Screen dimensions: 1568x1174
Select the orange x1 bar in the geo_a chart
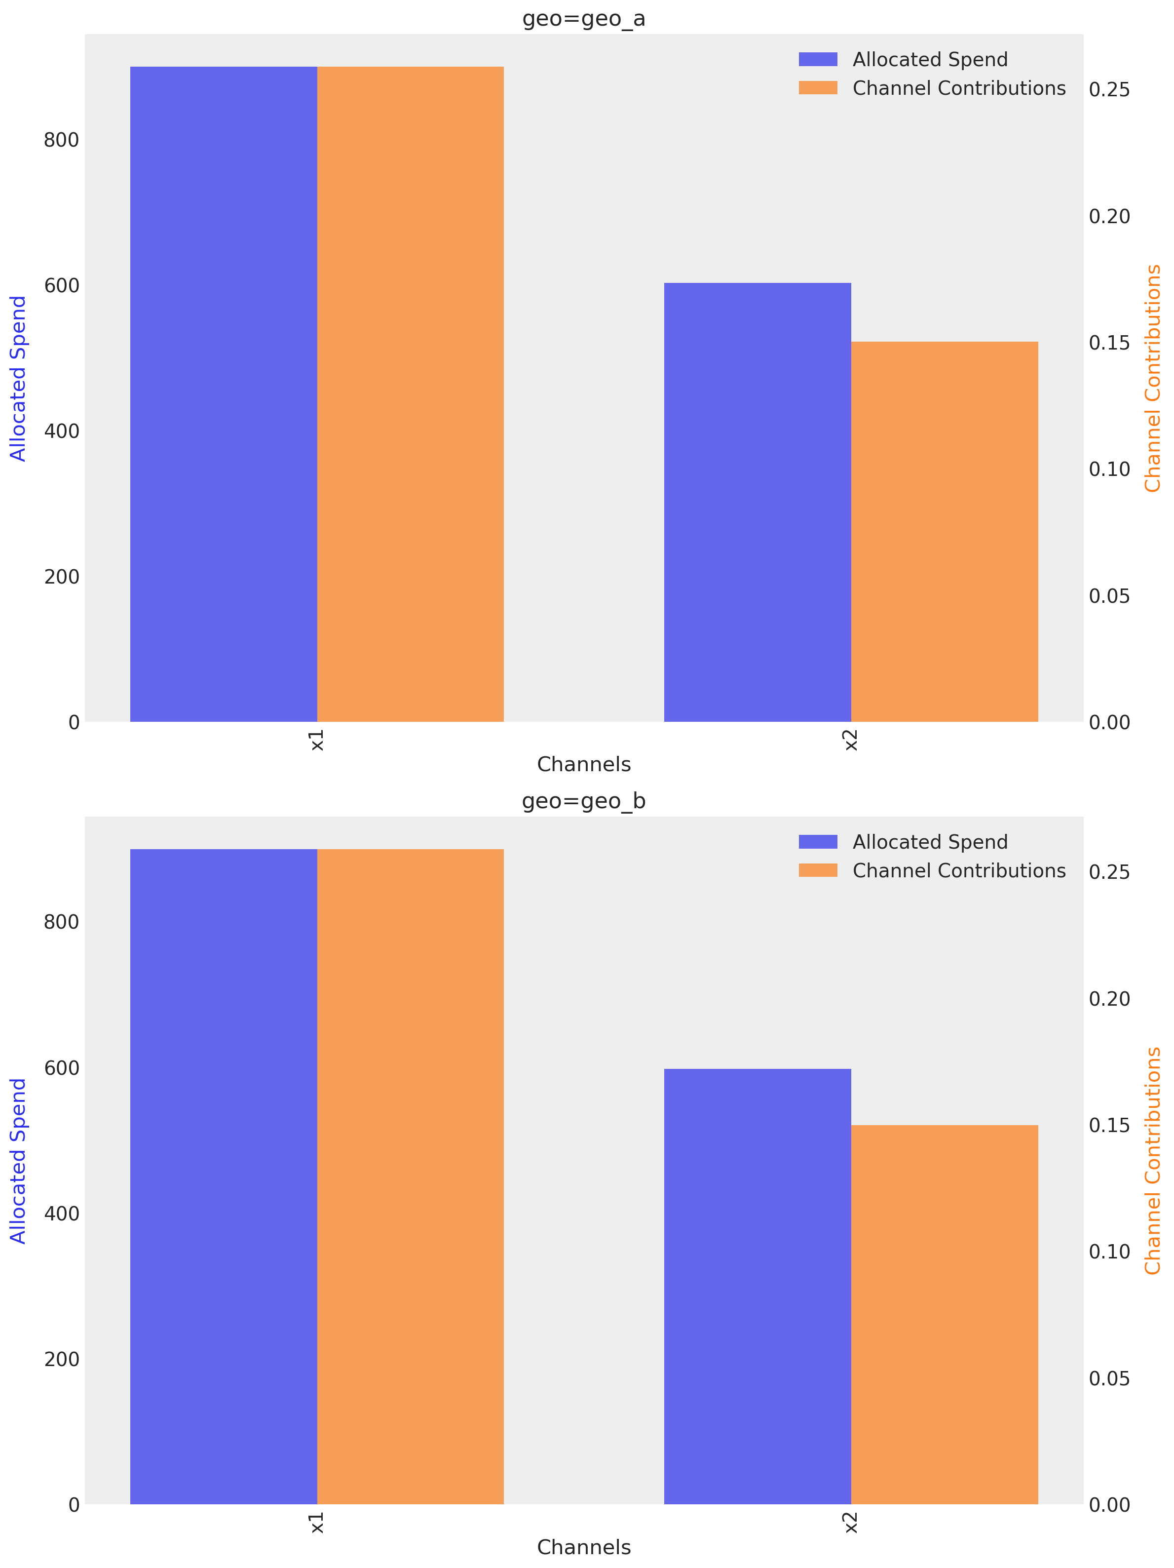(410, 394)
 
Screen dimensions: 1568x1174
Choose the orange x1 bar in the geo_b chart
(410, 1176)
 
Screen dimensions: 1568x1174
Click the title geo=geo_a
(583, 18)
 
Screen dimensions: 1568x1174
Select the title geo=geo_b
(583, 801)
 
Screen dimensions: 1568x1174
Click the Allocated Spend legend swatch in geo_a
(818, 60)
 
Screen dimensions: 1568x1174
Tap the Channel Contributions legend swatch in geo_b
(818, 870)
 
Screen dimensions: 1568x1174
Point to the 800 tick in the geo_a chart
(61, 140)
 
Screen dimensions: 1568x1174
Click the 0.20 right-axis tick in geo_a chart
(1109, 216)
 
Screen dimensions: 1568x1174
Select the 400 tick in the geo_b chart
(61, 1214)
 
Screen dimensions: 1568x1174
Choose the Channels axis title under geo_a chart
(583, 764)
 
